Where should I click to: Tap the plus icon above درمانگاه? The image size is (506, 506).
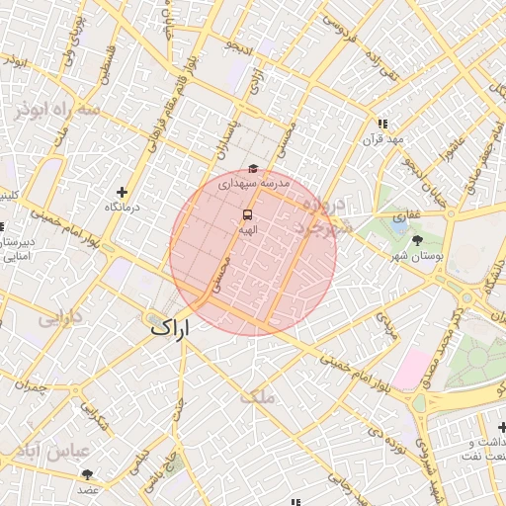tap(123, 192)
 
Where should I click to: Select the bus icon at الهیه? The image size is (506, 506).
tap(247, 214)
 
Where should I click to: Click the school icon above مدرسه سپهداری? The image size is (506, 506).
tap(253, 169)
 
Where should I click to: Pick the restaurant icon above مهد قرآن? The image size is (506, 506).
tap(382, 124)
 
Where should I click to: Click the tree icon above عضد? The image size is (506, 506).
tap(89, 475)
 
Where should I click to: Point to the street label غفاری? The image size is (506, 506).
tap(406, 213)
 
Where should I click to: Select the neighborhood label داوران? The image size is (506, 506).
tap(61, 318)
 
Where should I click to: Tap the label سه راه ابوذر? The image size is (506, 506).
tap(56, 109)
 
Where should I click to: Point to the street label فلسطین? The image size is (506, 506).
tap(103, 61)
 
